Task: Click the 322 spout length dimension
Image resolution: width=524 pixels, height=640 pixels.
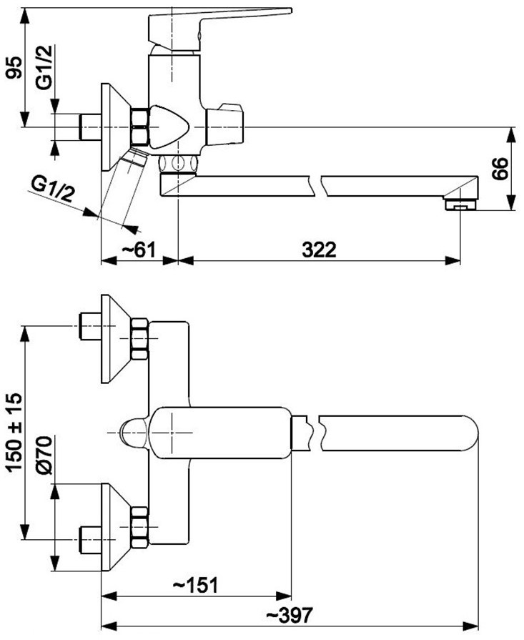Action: click(319, 250)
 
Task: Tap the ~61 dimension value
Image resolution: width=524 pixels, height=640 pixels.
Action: click(139, 250)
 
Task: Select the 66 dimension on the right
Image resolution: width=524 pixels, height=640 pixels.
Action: click(500, 168)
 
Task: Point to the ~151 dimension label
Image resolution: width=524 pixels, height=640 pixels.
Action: click(195, 586)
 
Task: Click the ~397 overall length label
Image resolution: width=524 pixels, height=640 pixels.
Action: click(290, 615)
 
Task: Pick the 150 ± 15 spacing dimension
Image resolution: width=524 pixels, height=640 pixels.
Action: click(15, 432)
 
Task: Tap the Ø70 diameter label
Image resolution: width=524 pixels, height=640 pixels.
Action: click(44, 455)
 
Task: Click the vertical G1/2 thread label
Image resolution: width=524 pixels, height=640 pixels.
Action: click(44, 67)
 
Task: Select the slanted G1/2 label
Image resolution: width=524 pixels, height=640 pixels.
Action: click(53, 190)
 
